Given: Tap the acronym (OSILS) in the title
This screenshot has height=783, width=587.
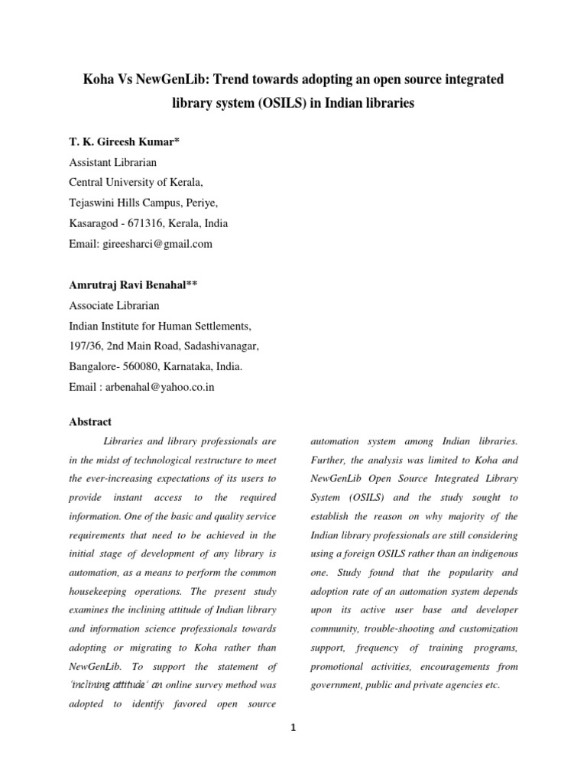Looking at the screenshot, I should [x=281, y=103].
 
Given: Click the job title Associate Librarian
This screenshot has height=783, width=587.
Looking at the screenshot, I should [x=115, y=305].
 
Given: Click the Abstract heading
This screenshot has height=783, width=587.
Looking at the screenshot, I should [x=90, y=421].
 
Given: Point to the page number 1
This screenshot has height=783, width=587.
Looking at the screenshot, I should [x=293, y=728].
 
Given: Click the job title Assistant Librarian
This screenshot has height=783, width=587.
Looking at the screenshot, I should [x=112, y=163].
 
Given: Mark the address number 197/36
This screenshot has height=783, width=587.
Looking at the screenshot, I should [x=86, y=346].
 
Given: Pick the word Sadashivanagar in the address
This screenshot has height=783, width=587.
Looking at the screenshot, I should [x=223, y=346].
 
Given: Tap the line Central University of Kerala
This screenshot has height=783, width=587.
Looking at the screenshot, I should [x=136, y=184].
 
